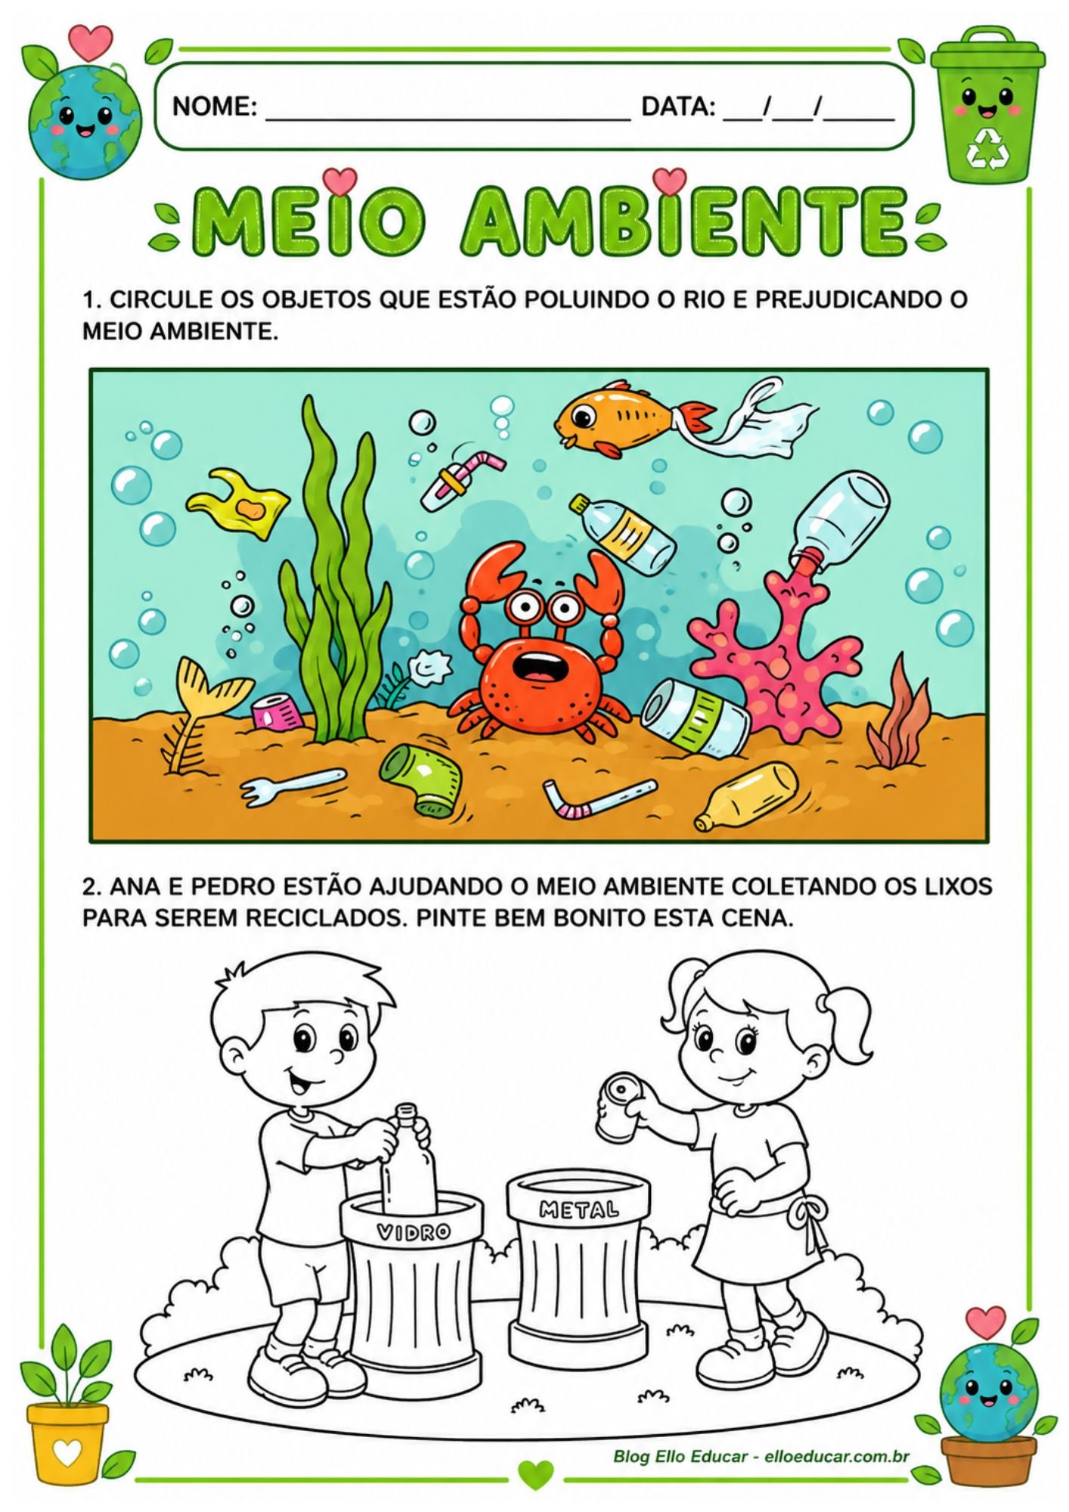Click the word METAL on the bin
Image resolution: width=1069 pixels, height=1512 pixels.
tap(578, 1210)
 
